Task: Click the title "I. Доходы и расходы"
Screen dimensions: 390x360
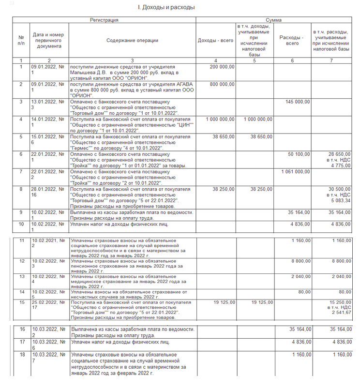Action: tap(166, 8)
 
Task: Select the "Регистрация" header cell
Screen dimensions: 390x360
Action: tap(104, 20)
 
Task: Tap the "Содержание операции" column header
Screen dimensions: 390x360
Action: tap(132, 41)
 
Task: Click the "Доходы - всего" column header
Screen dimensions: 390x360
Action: tap(215, 41)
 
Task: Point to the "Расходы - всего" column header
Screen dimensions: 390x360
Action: tap(292, 41)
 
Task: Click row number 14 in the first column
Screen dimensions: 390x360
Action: tap(21, 292)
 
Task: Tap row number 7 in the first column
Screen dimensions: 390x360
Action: tap(21, 171)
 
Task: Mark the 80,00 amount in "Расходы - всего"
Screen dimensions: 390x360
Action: tap(304, 292)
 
